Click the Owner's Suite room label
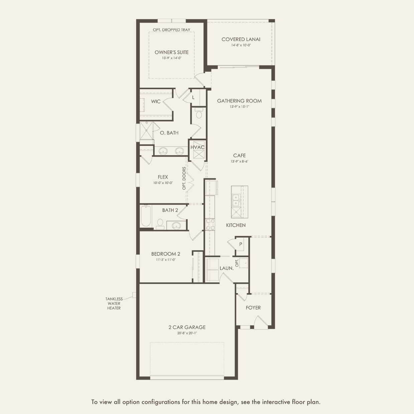(172, 52)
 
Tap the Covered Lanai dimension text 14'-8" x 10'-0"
(241, 45)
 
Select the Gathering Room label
(239, 101)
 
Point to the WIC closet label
(156, 101)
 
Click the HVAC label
(197, 147)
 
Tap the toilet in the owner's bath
(199, 113)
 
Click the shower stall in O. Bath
(146, 131)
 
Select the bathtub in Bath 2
(146, 216)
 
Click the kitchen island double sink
(236, 200)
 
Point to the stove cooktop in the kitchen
(210, 224)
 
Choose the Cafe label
(239, 155)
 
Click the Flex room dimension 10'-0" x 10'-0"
(163, 183)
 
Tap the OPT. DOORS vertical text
(184, 178)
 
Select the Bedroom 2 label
(166, 254)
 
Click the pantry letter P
(241, 244)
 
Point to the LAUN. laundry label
(226, 268)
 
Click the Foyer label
(253, 307)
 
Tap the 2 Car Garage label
(187, 327)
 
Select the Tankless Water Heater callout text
(114, 303)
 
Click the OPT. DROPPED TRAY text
(172, 30)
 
